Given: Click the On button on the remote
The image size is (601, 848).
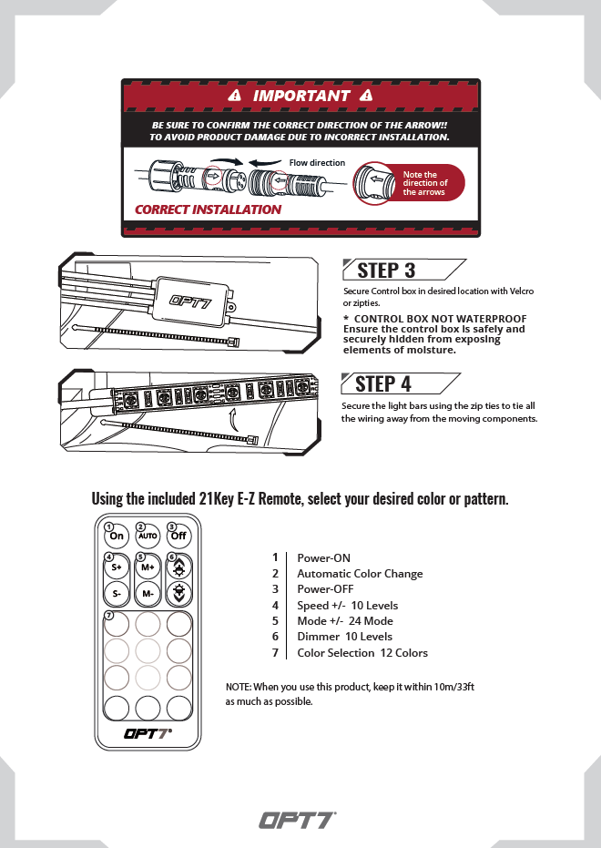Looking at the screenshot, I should (117, 536).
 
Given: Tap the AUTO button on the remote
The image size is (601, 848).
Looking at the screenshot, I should (148, 536).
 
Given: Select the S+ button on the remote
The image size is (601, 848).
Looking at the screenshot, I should (117, 567).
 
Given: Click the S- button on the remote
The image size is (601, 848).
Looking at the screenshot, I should (117, 594).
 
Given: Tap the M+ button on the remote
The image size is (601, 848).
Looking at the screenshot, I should (148, 567).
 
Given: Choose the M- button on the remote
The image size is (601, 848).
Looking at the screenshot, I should (148, 594).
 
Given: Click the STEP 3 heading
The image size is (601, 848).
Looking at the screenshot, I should (386, 270).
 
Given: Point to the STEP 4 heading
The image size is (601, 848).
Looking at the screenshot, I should (383, 383).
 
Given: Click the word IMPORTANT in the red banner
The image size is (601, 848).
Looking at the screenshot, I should (301, 96).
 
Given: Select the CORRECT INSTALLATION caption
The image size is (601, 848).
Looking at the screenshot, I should (209, 209).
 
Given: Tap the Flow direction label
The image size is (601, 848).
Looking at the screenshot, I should (317, 163).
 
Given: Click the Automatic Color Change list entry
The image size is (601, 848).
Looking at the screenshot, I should (360, 574).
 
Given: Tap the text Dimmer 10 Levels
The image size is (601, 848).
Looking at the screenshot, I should (344, 637).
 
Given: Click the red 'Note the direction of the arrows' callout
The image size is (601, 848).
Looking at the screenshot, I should (424, 183).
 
